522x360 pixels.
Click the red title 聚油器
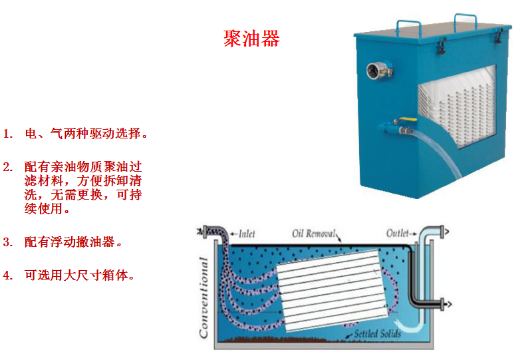(x=252, y=39)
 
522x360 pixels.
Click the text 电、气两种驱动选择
(x=83, y=133)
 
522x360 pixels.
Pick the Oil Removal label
(x=315, y=234)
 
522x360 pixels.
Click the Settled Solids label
(x=377, y=333)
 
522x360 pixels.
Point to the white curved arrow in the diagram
(x=414, y=326)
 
